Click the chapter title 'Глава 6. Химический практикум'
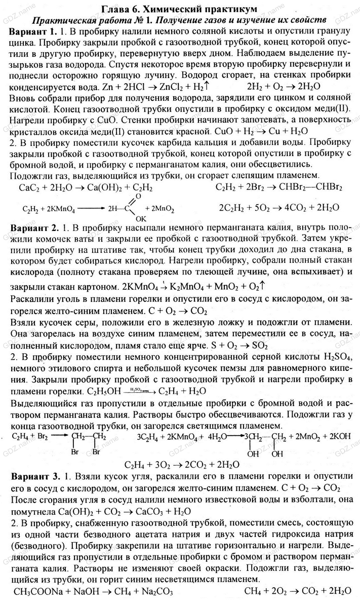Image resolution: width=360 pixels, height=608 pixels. coord(179,9)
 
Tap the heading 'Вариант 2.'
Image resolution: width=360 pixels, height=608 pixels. coord(33,225)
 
